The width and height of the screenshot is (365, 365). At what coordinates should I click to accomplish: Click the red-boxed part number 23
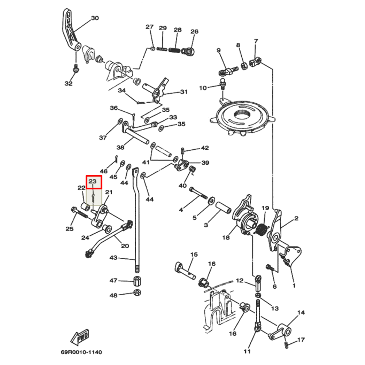pos(92,181)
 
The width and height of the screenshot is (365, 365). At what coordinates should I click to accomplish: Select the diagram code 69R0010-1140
pos(81,352)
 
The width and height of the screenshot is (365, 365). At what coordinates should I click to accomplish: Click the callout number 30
pos(95,18)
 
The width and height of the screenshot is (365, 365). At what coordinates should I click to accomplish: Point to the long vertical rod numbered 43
pos(138,226)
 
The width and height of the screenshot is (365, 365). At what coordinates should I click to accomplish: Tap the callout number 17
pos(301,340)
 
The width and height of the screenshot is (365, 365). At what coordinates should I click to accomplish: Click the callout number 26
pos(194,32)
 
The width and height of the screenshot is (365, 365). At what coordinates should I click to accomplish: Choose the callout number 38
pos(120,147)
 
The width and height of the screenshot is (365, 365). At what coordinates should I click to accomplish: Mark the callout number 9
pos(219,50)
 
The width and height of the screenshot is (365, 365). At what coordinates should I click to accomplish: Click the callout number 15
pos(194,254)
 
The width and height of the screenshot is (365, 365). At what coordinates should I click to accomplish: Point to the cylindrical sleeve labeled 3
pos(222,208)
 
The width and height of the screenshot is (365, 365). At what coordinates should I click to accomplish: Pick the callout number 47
pos(114,280)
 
